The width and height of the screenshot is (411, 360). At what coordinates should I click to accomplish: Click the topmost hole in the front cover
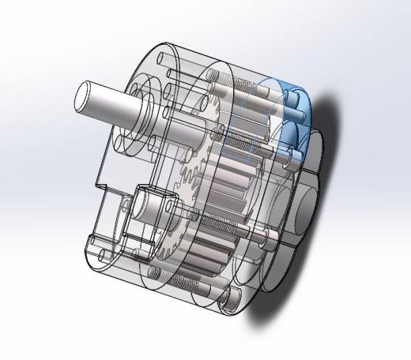162,58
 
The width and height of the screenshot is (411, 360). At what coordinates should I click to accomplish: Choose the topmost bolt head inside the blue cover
296,99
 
